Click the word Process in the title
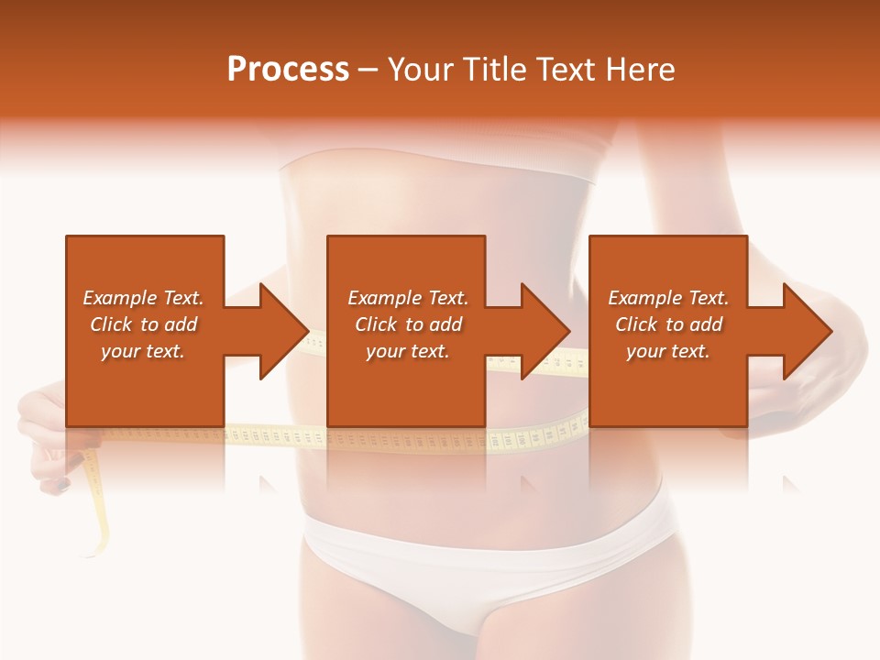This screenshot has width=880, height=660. coord(288,70)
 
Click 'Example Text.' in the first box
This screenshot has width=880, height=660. coord(143,298)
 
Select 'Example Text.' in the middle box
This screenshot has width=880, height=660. coord(408,298)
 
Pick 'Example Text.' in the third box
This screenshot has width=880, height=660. coord(668,298)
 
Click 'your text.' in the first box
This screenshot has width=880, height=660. coord(143,351)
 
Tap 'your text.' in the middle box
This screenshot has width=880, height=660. coord(408,351)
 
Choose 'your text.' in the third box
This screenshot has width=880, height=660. coord(668,351)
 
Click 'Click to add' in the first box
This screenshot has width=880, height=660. coord(143,324)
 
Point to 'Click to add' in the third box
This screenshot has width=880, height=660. coord(668,324)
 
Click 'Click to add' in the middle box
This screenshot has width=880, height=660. coord(408,324)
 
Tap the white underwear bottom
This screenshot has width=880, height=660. coord(486,550)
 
